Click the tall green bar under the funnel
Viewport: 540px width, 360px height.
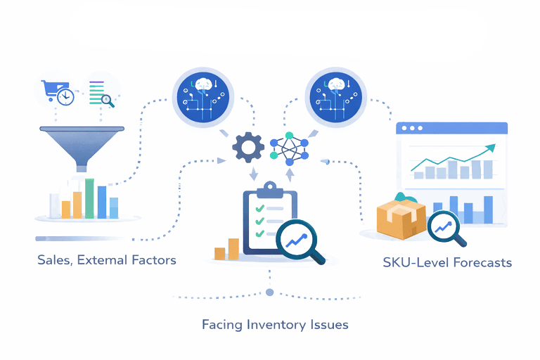pos(90,198)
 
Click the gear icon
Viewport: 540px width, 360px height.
pos(247,147)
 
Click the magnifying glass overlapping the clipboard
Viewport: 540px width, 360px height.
pos(300,241)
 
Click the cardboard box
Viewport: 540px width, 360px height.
pos(400,218)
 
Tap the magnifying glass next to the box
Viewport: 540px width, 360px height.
pos(446,229)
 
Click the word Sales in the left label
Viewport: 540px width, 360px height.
pos(54,261)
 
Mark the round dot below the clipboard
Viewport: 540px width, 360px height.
pos(269,292)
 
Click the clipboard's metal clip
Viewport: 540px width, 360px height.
pos(269,188)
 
